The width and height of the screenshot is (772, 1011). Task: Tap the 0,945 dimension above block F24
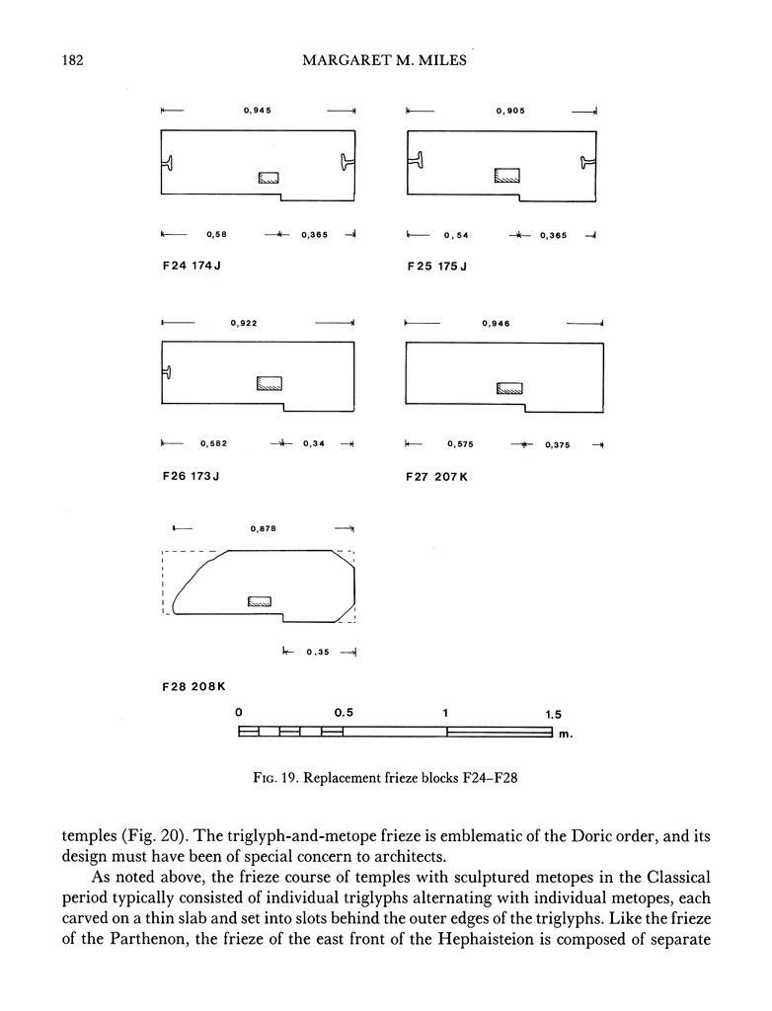pos(258,111)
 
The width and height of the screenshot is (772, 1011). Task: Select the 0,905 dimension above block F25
pos(510,111)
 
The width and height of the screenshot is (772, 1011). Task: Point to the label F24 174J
pos(190,267)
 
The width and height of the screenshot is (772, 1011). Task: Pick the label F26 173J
pos(190,476)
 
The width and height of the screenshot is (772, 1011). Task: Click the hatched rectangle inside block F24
pos(269,178)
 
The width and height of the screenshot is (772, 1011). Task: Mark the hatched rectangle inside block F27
pos(509,387)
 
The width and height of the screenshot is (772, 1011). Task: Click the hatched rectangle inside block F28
pos(259,600)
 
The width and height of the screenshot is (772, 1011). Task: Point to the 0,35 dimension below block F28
pos(318,652)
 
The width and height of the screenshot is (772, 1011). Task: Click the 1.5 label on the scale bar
pos(554,713)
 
